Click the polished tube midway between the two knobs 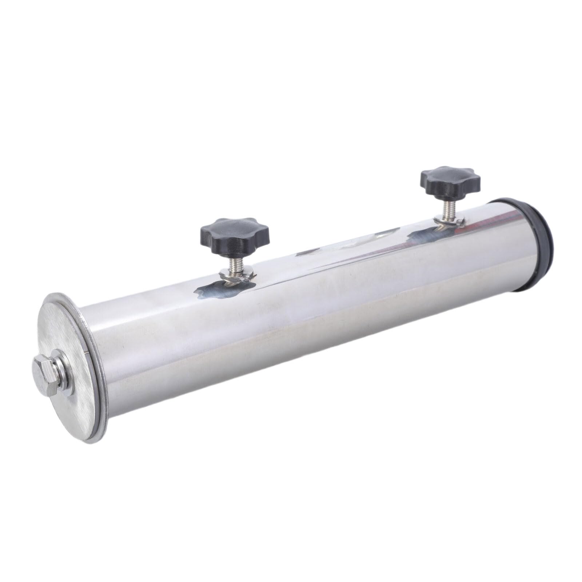click(327, 276)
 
